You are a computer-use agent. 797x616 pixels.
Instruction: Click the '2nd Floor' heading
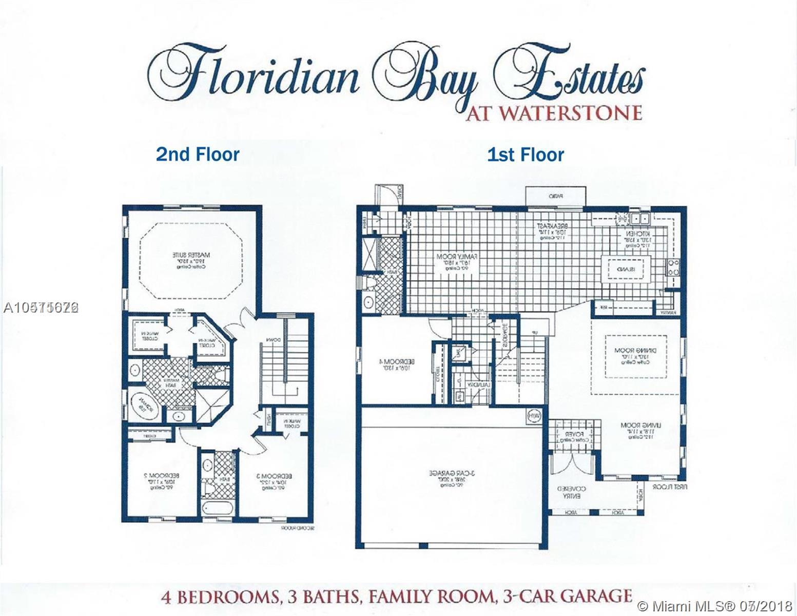coord(198,154)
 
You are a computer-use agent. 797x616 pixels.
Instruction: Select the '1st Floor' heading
coord(526,154)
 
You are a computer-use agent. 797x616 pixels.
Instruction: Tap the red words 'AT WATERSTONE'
coord(553,112)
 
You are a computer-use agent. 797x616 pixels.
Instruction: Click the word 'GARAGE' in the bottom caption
coord(595,596)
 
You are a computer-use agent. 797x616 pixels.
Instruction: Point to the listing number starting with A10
coord(40,307)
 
